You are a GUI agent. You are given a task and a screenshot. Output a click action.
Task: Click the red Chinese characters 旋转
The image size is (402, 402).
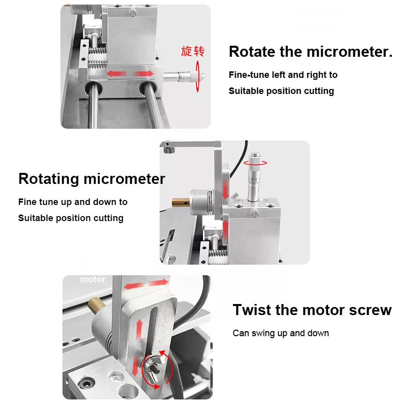(193, 51)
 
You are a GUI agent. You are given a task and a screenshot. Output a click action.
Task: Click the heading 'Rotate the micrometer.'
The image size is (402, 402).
(310, 52)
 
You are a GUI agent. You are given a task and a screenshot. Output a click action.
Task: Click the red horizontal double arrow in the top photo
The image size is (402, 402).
(130, 74)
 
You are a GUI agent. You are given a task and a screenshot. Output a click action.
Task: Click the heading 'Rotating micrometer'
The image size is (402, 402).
(91, 179)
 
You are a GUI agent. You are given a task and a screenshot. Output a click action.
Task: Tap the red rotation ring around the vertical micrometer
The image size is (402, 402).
(255, 163)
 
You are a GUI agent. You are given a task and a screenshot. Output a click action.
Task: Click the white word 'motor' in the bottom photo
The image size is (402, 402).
(92, 279)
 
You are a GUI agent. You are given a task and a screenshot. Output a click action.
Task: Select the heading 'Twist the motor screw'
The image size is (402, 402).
(312, 310)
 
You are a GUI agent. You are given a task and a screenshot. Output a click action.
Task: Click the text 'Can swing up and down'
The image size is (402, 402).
(280, 333)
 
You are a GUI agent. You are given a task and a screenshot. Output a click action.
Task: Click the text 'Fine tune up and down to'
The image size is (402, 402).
(73, 202)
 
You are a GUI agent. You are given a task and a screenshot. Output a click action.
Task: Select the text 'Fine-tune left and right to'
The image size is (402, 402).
(283, 75)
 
